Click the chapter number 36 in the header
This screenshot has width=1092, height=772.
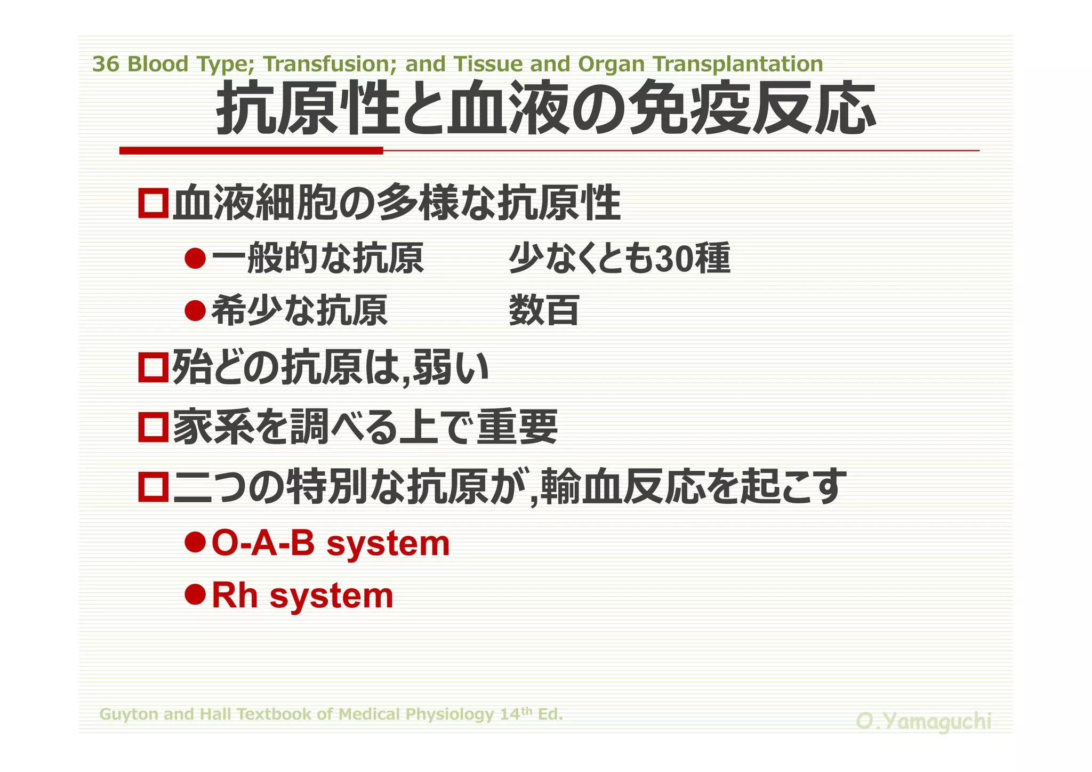click(x=106, y=65)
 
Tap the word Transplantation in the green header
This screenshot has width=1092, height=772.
click(x=738, y=65)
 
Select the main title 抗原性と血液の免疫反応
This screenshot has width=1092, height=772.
click(x=545, y=108)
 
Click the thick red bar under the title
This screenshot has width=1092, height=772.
click(x=251, y=151)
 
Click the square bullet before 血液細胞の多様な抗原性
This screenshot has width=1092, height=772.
click(x=154, y=203)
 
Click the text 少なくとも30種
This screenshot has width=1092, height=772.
click(x=619, y=259)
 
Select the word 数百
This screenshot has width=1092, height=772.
click(x=544, y=310)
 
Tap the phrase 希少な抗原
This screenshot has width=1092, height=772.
click(x=299, y=310)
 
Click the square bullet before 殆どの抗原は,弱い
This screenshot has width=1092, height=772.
click(x=154, y=367)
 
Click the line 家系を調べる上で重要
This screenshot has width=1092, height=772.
click(x=365, y=427)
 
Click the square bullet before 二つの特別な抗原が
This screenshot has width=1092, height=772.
click(x=154, y=487)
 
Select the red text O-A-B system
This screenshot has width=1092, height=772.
click(x=331, y=543)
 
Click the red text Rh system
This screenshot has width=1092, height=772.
click(x=302, y=595)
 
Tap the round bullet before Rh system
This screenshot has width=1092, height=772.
click(x=195, y=594)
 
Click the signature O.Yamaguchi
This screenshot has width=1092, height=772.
click(x=924, y=721)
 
